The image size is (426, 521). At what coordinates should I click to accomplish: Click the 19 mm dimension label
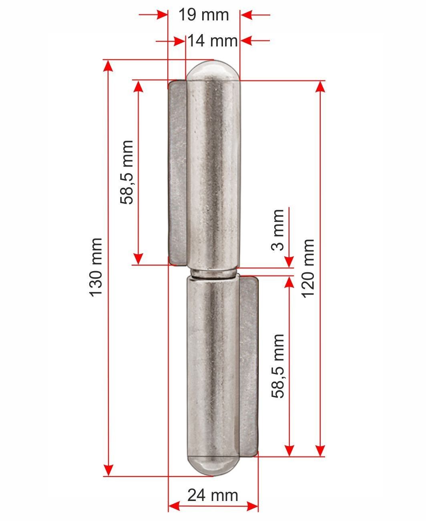coord(204,15)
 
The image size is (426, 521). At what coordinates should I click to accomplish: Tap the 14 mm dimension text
coord(213,41)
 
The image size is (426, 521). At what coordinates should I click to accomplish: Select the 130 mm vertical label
coord(96,267)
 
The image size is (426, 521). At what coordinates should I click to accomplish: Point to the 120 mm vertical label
coord(308,269)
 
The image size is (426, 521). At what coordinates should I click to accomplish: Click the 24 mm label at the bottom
coord(213,495)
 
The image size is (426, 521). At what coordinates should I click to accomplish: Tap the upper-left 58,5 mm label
coord(127,172)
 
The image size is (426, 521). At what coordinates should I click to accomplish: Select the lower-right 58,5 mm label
coord(278,366)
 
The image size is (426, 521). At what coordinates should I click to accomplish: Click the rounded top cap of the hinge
coord(213,70)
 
